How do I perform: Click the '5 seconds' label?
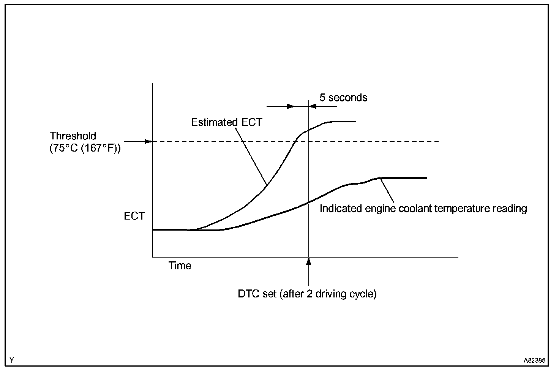343,98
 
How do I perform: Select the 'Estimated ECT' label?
226,122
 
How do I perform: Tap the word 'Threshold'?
73,136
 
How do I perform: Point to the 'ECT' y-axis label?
134,216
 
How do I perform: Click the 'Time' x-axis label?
180,266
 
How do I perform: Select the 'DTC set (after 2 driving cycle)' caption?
307,294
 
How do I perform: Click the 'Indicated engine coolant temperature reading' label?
423,209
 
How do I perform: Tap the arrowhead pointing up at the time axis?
309,261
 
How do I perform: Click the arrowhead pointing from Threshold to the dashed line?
148,142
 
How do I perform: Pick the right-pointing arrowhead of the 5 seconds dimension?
291,106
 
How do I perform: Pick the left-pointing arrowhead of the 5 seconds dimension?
313,106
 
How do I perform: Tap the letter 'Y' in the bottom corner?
12,359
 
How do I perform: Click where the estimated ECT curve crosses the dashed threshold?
295,142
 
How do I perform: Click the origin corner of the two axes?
153,257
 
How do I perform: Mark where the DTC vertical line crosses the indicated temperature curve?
309,203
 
